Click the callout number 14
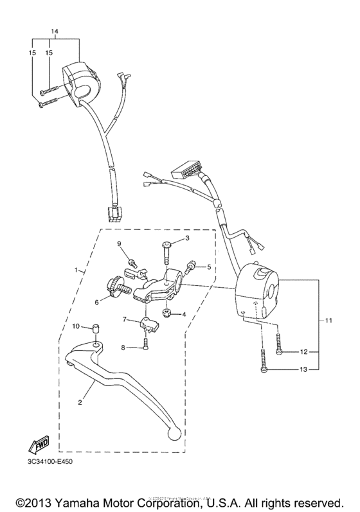pyautogui.click(x=54, y=31)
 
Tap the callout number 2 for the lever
pyautogui.click(x=80, y=403)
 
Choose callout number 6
pyautogui.click(x=98, y=301)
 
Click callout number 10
pyautogui.click(x=75, y=328)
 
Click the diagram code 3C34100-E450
pyautogui.click(x=51, y=463)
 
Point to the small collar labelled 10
pyautogui.click(x=94, y=330)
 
